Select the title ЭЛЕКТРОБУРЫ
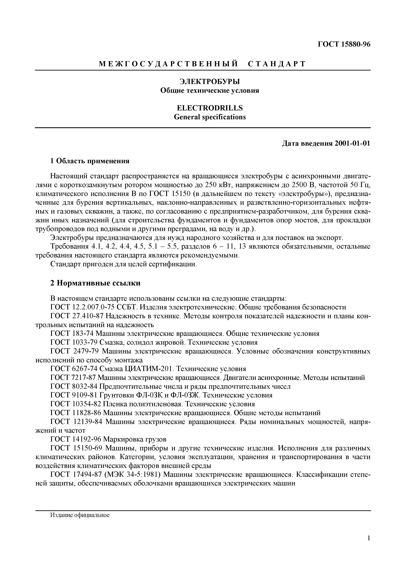point(210,82)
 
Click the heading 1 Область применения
point(90,161)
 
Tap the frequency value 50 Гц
point(360,185)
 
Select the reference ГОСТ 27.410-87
point(77,316)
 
